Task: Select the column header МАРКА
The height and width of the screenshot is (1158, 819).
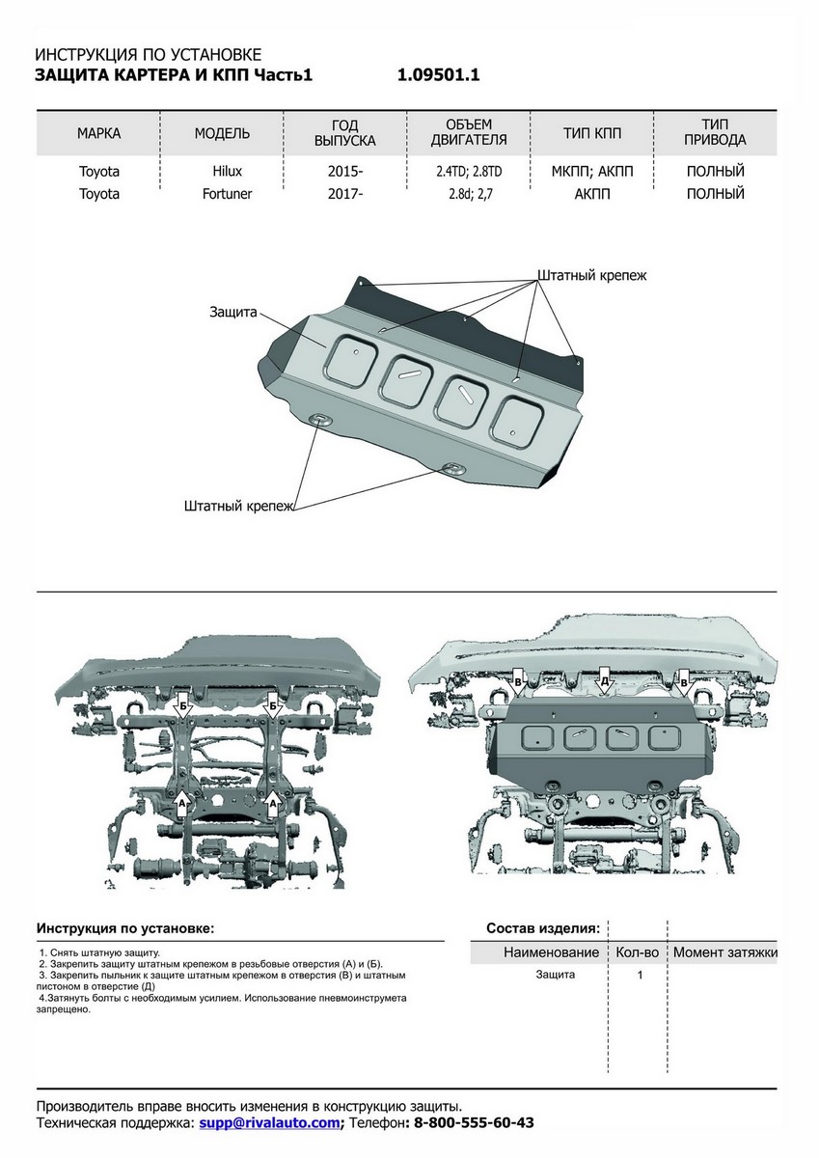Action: pyautogui.click(x=98, y=133)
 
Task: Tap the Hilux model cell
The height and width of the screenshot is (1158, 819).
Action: pyautogui.click(x=228, y=171)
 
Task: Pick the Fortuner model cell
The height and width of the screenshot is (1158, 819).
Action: pyautogui.click(x=227, y=193)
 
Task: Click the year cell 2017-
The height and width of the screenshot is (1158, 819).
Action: pyautogui.click(x=345, y=193)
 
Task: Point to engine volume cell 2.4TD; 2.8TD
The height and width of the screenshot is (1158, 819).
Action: pyautogui.click(x=469, y=171)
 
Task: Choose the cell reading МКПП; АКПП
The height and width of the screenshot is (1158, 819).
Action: pyautogui.click(x=592, y=171)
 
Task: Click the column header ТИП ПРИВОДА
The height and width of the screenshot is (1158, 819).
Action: pyautogui.click(x=715, y=133)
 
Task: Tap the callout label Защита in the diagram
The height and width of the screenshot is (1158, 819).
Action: pyautogui.click(x=232, y=313)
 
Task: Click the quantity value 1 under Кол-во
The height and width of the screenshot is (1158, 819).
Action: pyautogui.click(x=640, y=976)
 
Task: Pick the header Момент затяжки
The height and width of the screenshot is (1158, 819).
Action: pyautogui.click(x=725, y=952)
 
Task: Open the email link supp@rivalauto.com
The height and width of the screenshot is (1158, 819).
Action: pyautogui.click(x=269, y=1123)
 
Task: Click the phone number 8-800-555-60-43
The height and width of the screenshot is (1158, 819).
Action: pyautogui.click(x=474, y=1123)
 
